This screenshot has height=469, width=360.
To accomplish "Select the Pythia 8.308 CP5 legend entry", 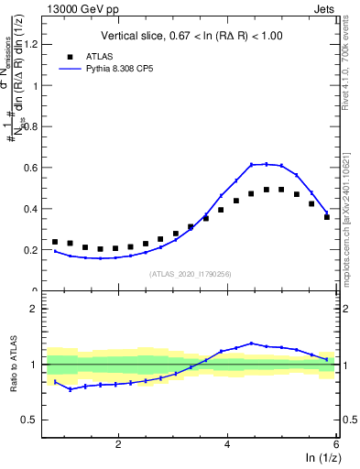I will pyautogui.click(x=125, y=69).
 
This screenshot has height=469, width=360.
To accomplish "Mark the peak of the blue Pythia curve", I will pyautogui.click(x=266, y=164).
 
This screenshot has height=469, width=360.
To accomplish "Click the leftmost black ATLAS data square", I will pyautogui.click(x=55, y=242).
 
